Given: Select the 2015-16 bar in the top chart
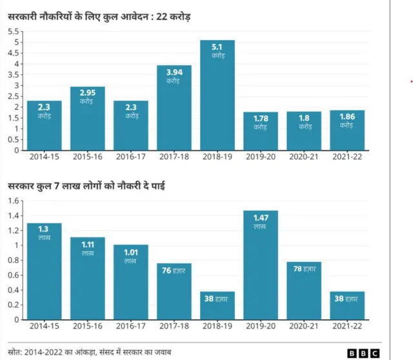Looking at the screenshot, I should coord(88,119).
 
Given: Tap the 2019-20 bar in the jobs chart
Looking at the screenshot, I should coord(261,265).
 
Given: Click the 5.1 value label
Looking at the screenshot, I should coord(217,47).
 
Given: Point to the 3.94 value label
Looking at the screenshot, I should coord(174,72).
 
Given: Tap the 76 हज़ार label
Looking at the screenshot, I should coord(174,271).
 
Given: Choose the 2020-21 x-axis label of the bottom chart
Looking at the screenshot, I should coord(304,326).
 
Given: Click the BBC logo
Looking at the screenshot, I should coord(364,352).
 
